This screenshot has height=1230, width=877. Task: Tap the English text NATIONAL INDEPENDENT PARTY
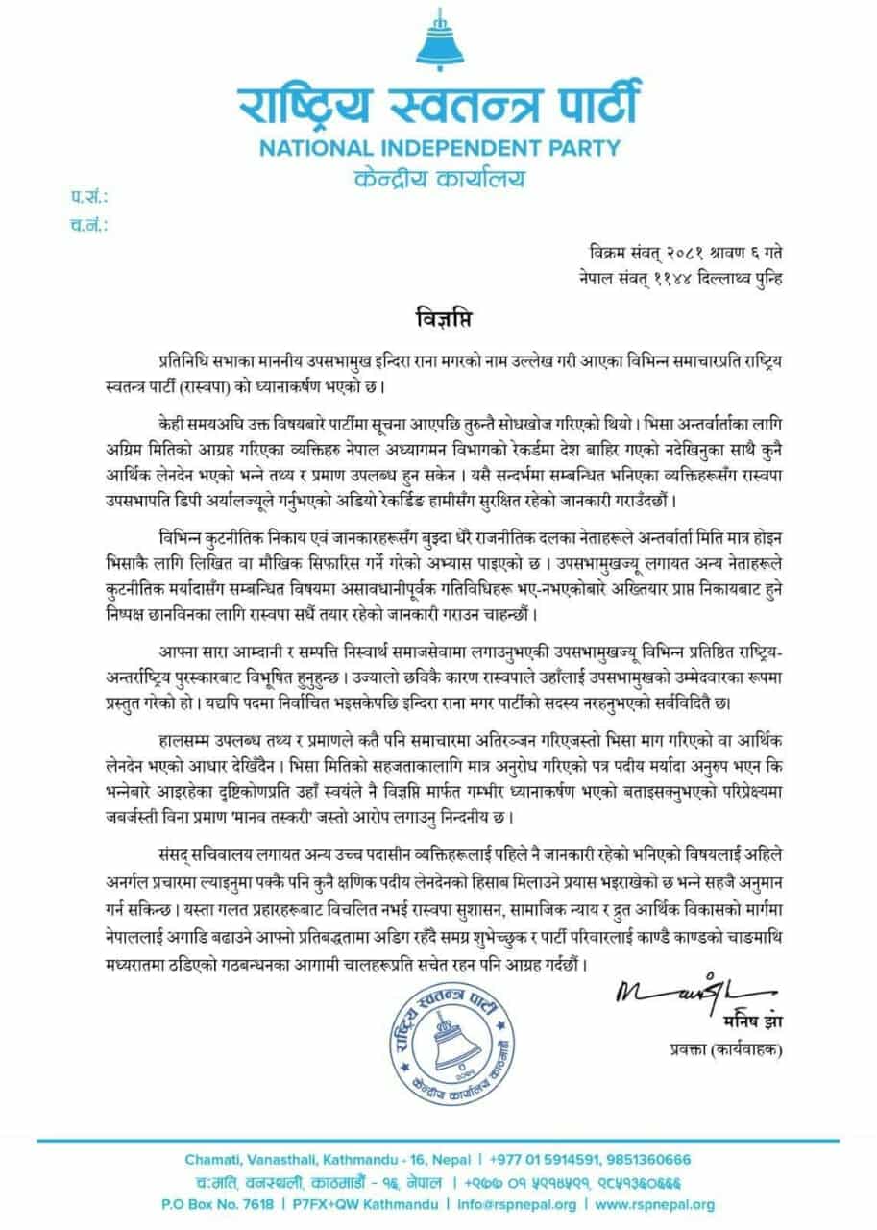(x=438, y=150)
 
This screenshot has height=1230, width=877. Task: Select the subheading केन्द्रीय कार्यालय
(x=438, y=180)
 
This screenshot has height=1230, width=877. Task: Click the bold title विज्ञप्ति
(x=438, y=317)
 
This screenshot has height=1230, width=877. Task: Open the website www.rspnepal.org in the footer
(x=655, y=1204)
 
